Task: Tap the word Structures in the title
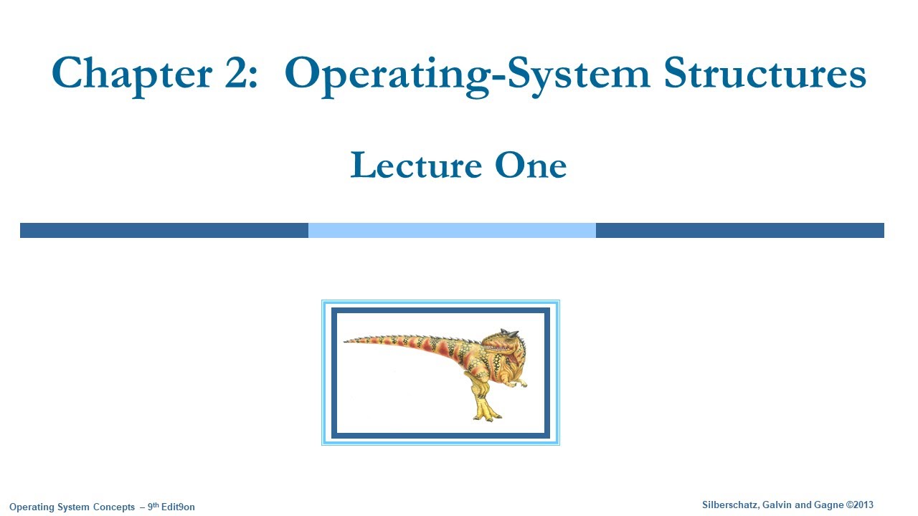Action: pyautogui.click(x=765, y=73)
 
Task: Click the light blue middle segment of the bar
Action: pyautogui.click(x=452, y=230)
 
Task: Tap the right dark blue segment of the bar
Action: pyautogui.click(x=739, y=230)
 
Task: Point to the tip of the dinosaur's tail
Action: pyautogui.click(x=346, y=341)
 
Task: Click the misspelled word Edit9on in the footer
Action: pyautogui.click(x=179, y=507)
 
